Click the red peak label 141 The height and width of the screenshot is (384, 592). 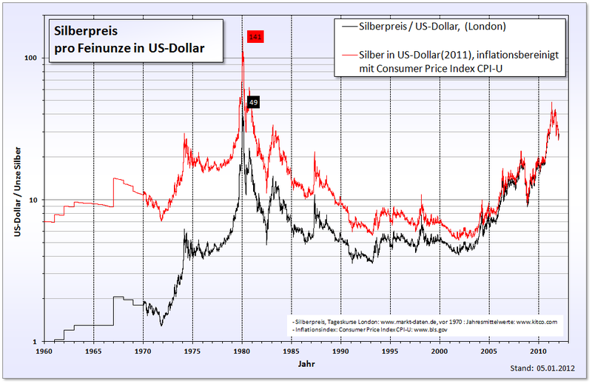pos(255,36)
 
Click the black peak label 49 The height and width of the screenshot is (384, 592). pos(253,103)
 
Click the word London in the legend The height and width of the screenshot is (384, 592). pos(488,27)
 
